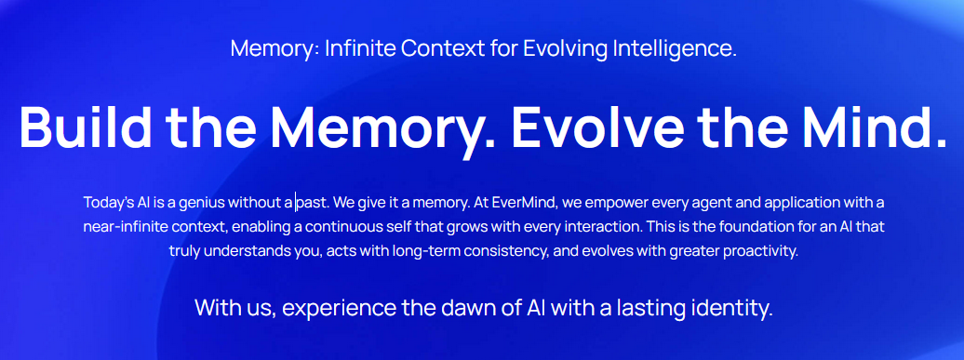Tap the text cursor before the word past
pos(296,201)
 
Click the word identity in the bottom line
pos(734,308)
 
